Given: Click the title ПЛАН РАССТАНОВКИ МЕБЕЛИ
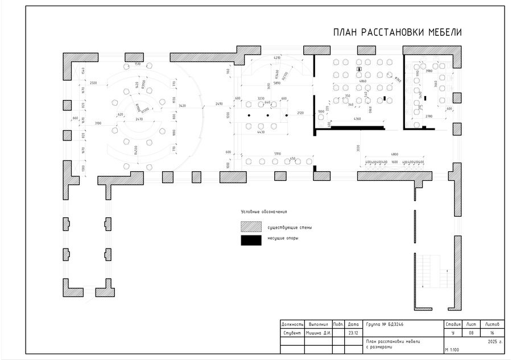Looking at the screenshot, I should (x=397, y=32).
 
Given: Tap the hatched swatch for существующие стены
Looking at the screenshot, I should (x=251, y=227).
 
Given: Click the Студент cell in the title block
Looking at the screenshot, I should (x=292, y=332).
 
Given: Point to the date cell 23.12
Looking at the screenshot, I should (x=353, y=332).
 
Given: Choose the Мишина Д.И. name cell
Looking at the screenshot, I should (x=319, y=332).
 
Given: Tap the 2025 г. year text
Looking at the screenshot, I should (x=495, y=342).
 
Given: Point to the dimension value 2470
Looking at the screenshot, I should (x=139, y=119).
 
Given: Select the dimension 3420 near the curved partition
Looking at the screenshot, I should (x=182, y=106).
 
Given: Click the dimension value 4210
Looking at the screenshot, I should (x=277, y=58).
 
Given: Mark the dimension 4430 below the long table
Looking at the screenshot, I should (x=261, y=132).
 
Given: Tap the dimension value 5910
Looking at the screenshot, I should (x=278, y=154).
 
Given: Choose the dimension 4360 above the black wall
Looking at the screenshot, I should (x=357, y=118).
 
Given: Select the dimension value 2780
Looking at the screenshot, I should (x=428, y=117).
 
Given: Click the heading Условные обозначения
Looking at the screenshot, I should (x=264, y=212).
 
